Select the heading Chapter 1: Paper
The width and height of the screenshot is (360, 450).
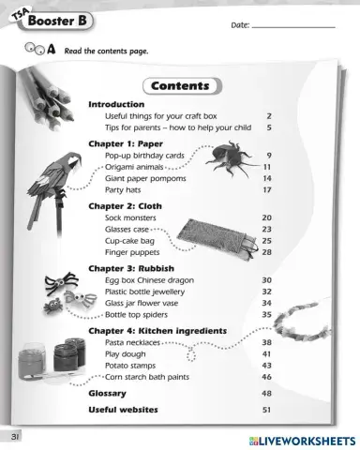(126, 143)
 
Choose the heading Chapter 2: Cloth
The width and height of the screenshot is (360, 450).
(125, 205)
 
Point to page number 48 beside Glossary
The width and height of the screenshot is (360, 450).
(267, 394)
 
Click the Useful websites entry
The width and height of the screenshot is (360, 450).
(123, 410)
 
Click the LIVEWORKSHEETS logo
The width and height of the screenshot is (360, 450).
(298, 440)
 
